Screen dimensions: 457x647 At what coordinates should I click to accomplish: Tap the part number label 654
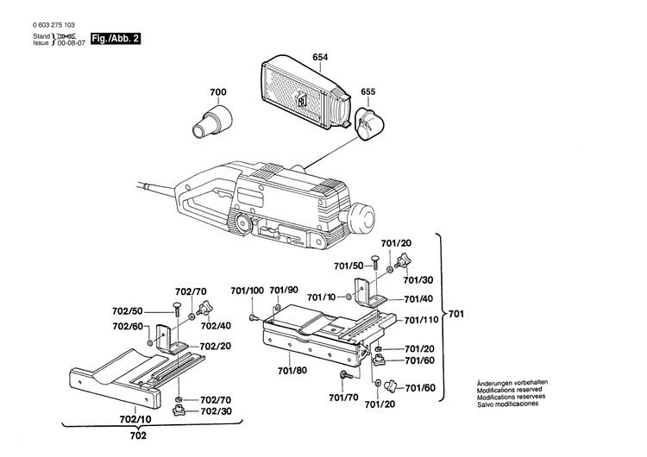click(320, 57)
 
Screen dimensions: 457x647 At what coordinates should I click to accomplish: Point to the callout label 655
click(368, 91)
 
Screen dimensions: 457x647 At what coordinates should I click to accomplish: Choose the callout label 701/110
click(422, 320)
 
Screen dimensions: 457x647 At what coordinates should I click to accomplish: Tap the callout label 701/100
click(247, 290)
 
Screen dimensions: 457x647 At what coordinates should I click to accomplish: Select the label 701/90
click(284, 290)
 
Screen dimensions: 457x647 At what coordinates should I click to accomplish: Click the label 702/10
click(135, 419)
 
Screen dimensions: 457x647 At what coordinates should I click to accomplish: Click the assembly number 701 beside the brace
click(456, 314)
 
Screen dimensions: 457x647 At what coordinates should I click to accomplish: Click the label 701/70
click(343, 398)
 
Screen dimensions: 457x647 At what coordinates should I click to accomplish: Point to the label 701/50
click(348, 265)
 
